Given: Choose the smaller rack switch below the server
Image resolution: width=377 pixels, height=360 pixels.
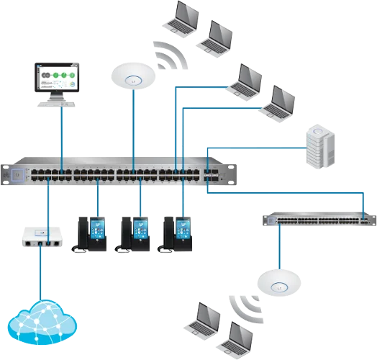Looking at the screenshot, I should [x=317, y=217].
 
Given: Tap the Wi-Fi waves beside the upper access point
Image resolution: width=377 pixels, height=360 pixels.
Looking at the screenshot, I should [x=170, y=56].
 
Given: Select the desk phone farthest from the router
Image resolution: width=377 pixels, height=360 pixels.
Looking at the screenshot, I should [x=179, y=231].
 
